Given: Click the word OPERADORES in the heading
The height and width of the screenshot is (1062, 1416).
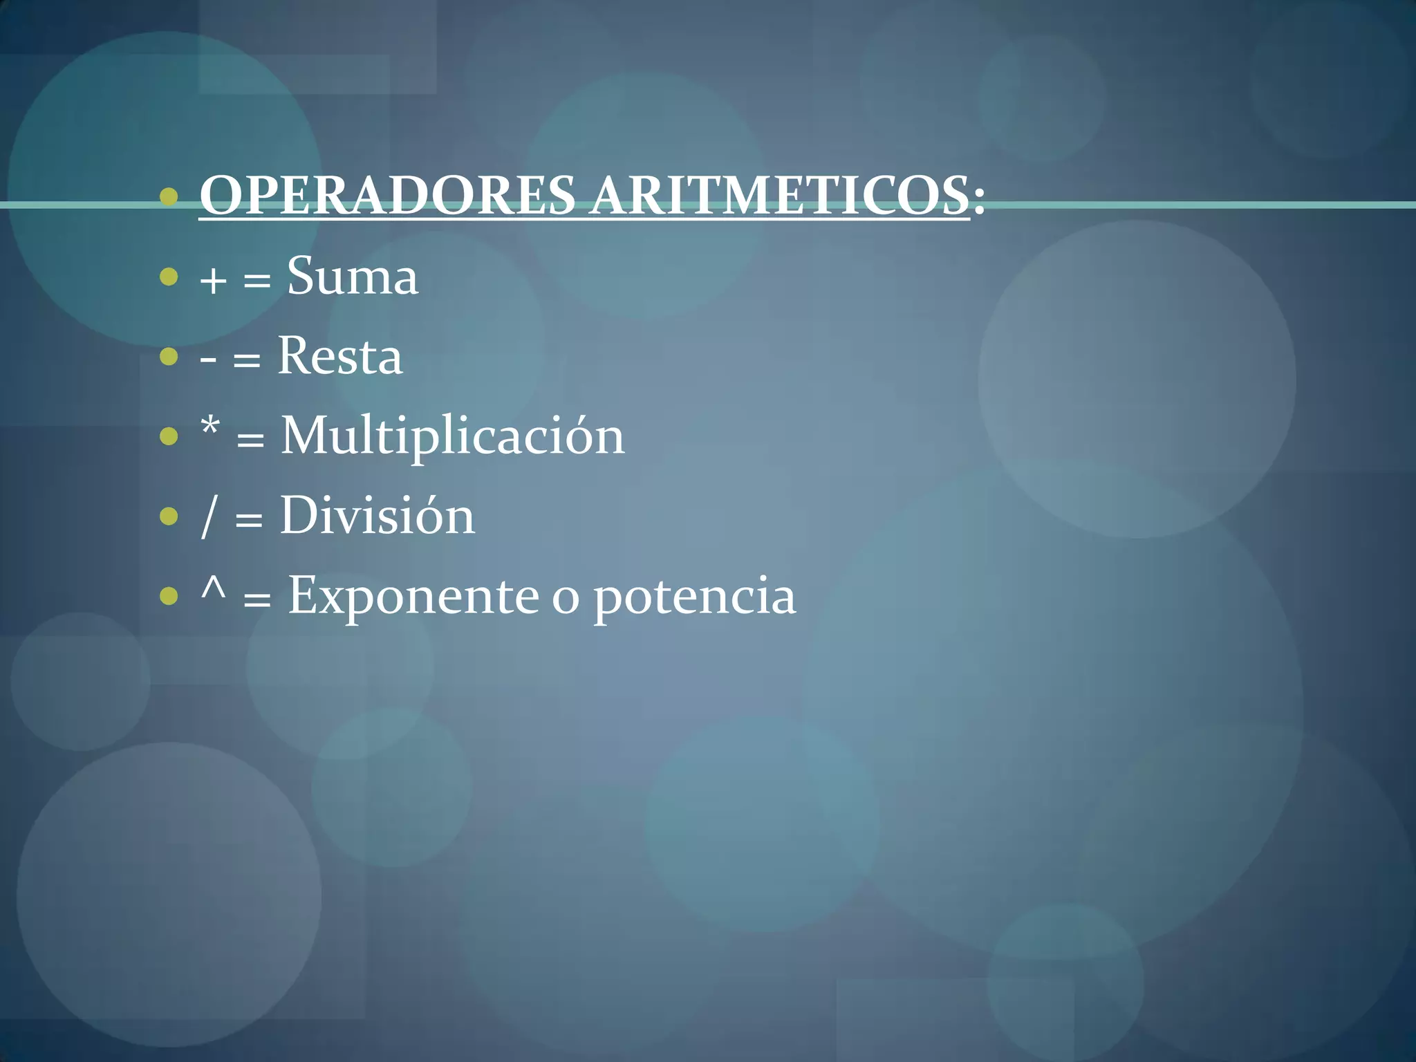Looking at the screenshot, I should coord(387,196).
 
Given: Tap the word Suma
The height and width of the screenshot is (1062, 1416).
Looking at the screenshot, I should coord(353,277).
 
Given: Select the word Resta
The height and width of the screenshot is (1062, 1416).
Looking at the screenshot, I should coord(339,357).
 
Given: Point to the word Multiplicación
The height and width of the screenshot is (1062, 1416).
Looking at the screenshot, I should coord(453,437).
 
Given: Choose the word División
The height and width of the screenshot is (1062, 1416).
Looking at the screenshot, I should coord(378,516).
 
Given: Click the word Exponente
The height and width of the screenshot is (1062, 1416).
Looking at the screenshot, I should coord(413,596).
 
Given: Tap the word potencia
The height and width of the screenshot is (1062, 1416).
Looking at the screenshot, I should coord(695,596).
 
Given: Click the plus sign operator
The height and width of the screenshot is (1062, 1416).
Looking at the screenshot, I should coord(213,281).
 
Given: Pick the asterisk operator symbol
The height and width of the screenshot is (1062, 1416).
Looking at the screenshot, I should coord(210,428).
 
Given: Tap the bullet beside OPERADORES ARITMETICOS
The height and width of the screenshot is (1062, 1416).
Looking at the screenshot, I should coord(168,198).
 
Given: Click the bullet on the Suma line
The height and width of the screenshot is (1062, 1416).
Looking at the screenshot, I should coord(168,277).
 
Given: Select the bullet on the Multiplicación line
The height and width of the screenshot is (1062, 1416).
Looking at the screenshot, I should coord(168,437).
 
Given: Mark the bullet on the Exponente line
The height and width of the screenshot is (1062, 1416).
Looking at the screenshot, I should coord(168,596).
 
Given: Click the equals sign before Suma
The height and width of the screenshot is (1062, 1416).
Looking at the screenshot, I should coord(257,281).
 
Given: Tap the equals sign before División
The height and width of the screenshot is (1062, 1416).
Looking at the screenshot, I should coord(249,520).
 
